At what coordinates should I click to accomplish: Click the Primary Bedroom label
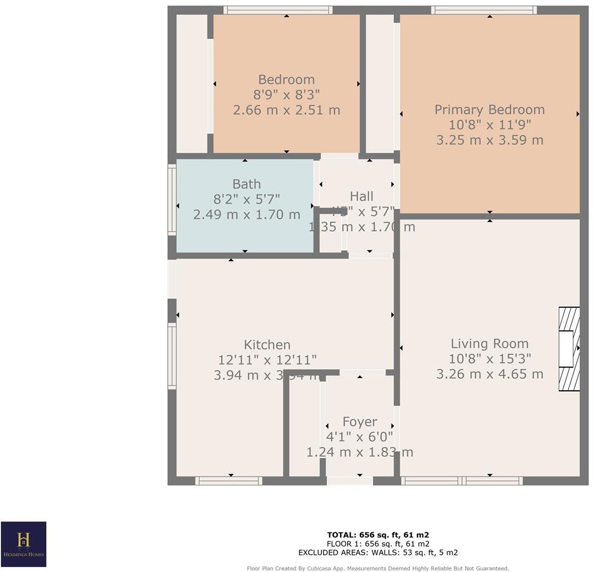tap(489, 110)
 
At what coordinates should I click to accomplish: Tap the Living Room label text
tap(489, 344)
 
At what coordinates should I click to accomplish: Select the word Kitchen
tap(267, 345)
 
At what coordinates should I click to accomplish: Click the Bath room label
tap(246, 184)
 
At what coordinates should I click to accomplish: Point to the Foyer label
tap(359, 422)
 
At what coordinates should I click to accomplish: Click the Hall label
tap(362, 197)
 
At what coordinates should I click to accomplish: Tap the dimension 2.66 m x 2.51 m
tap(286, 110)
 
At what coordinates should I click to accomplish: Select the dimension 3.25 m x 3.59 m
tap(489, 140)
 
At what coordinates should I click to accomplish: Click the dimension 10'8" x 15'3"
tap(489, 359)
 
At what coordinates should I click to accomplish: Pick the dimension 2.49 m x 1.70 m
tap(246, 215)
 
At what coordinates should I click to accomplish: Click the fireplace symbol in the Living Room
tap(569, 349)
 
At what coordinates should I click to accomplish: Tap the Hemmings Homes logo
tap(24, 543)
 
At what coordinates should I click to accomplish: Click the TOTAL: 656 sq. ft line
tap(377, 535)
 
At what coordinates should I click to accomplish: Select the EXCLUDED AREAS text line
tap(377, 553)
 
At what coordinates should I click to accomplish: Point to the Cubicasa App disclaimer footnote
tap(377, 568)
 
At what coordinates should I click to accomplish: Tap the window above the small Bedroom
tap(278, 10)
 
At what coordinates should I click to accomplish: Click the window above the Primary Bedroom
tap(484, 10)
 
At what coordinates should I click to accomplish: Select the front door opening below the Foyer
tap(349, 481)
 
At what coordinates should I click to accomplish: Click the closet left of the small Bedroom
tap(192, 83)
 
